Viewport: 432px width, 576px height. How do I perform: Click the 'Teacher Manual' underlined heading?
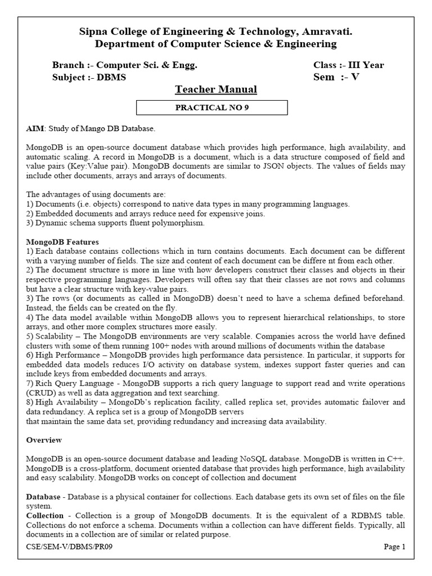pyautogui.click(x=216, y=89)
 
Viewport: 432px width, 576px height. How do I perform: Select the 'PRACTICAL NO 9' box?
pyautogui.click(x=213, y=107)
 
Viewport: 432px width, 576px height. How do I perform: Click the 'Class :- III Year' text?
pyautogui.click(x=349, y=65)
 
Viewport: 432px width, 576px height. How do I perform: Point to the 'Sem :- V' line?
pyautogui.click(x=336, y=78)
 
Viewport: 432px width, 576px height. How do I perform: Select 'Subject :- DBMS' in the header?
pyautogui.click(x=89, y=78)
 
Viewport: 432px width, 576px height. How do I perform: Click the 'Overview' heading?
pyautogui.click(x=44, y=439)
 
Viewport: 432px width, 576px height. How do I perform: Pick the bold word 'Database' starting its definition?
pyautogui.click(x=43, y=497)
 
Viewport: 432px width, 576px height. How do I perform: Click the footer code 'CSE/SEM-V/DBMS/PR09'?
pyautogui.click(x=73, y=547)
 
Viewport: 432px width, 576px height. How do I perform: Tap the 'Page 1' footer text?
pyautogui.click(x=394, y=547)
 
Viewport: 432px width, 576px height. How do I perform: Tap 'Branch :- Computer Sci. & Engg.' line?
pyautogui.click(x=124, y=65)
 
